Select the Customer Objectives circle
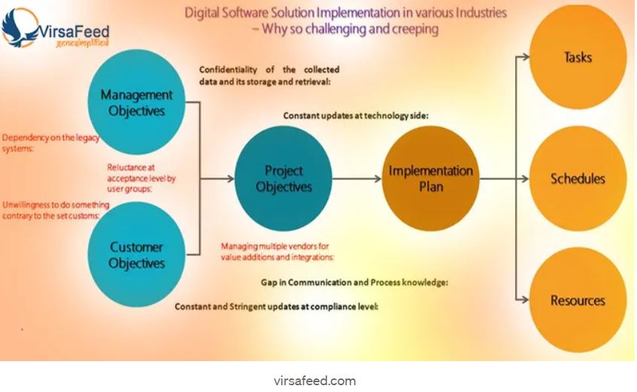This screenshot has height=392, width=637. pyautogui.click(x=136, y=255)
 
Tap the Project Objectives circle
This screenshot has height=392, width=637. pyautogui.click(x=284, y=178)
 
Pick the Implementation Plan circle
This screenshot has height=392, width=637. pyautogui.click(x=430, y=178)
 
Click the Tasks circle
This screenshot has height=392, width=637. pyautogui.click(x=578, y=57)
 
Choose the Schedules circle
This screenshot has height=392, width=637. pyautogui.click(x=578, y=179)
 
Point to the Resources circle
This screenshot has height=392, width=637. pyautogui.click(x=578, y=300)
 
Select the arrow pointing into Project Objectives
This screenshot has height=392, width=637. pyautogui.click(x=222, y=178)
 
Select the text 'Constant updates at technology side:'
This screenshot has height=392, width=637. pyautogui.click(x=356, y=116)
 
